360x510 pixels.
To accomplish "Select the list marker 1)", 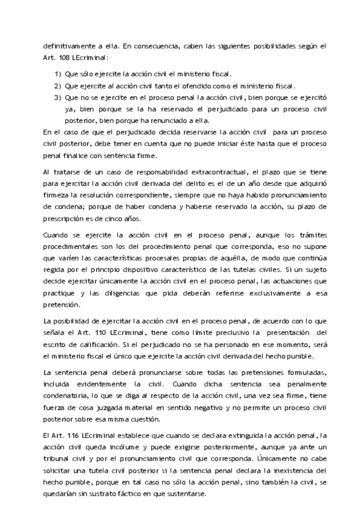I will (x=58, y=74).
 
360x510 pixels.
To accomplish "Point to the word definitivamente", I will (x=67, y=46).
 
